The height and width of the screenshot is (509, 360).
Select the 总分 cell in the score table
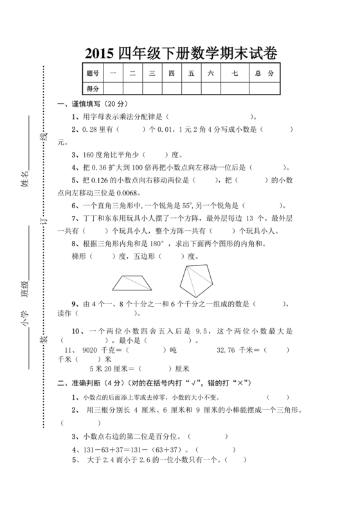[x=264, y=73]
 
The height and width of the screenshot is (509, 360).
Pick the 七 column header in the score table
[x=235, y=73]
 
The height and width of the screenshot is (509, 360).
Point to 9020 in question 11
[x=91, y=350]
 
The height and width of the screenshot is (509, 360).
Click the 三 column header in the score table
[x=152, y=73]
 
